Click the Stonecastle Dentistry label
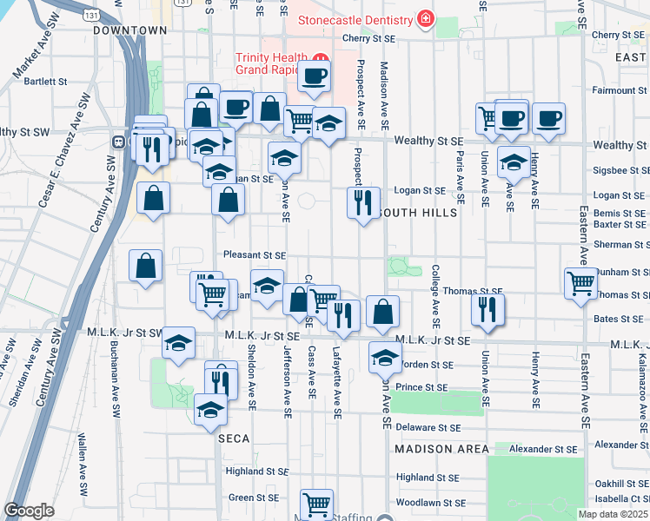tap(356, 18)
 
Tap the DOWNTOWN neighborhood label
tap(130, 30)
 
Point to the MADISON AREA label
tap(435, 449)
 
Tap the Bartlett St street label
tap(46, 82)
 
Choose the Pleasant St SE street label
tap(255, 256)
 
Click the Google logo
tap(29, 511)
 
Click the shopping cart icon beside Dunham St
tap(580, 283)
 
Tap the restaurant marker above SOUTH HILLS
tap(361, 202)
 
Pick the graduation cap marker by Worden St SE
tap(384, 355)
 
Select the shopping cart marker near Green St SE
tap(317, 504)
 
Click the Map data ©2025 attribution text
tap(614, 514)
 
